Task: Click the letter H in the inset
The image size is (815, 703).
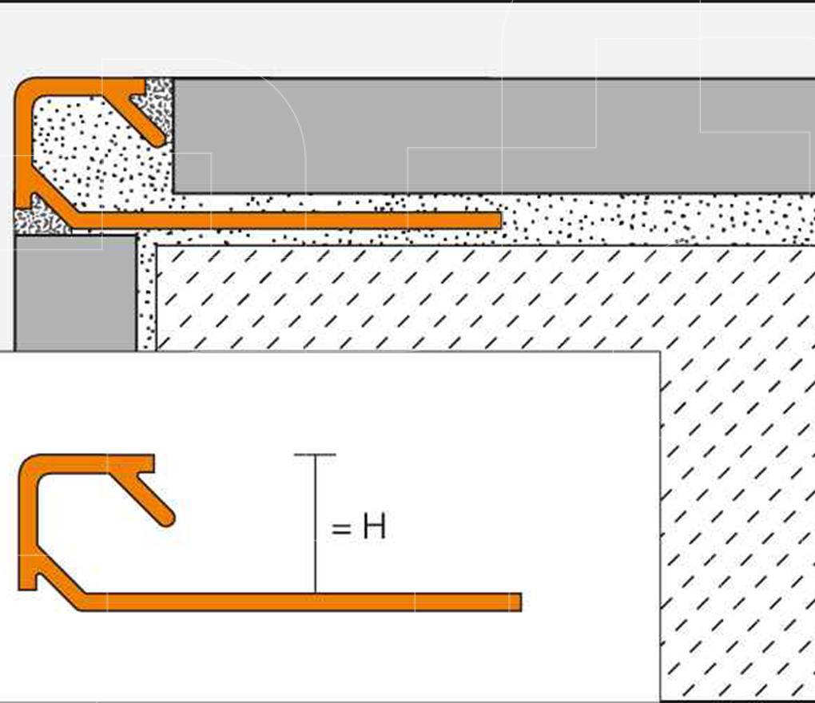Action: click(x=374, y=527)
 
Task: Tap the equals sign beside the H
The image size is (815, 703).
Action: click(x=341, y=528)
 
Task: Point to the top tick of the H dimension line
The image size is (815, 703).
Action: click(x=315, y=455)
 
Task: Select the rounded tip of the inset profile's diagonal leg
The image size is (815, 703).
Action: click(x=165, y=517)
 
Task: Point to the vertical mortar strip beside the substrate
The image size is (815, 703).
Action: click(x=146, y=296)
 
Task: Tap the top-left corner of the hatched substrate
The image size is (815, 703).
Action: click(x=157, y=247)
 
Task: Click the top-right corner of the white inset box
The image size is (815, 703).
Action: click(x=659, y=352)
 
